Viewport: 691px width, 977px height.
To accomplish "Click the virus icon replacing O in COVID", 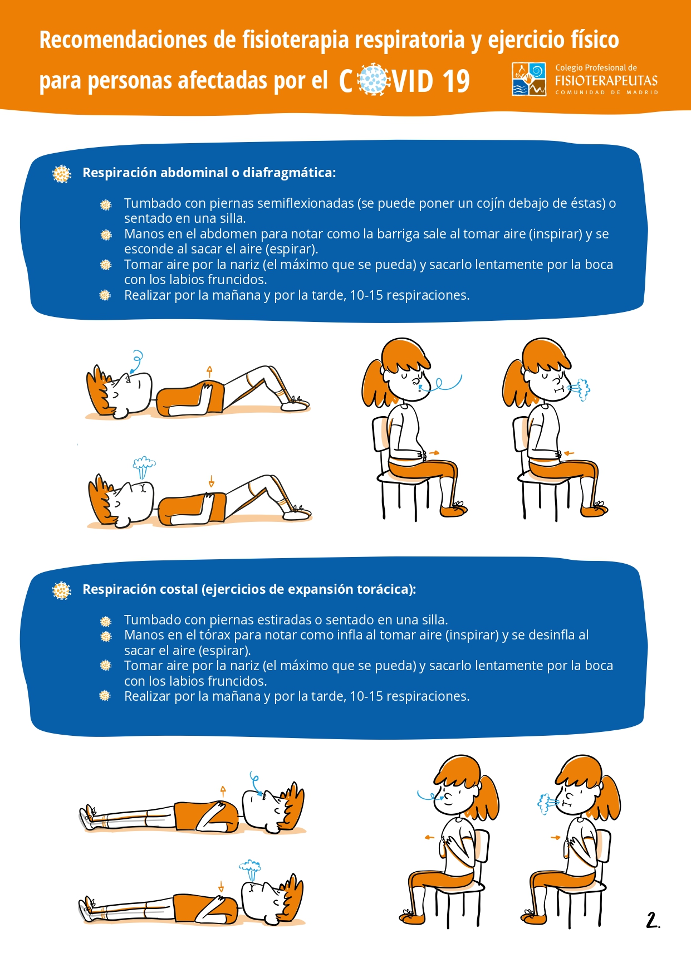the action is [x=373, y=80].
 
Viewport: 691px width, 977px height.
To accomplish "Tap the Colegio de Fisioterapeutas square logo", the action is [x=529, y=79].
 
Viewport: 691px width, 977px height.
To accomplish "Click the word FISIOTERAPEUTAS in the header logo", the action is [x=606, y=81].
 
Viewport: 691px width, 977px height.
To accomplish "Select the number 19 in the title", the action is [x=456, y=81].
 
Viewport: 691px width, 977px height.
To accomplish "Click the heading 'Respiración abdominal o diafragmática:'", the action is [x=209, y=173].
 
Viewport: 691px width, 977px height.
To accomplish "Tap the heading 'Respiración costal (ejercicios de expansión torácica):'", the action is [x=249, y=589].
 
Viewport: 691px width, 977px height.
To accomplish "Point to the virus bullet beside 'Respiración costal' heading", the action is [x=62, y=590].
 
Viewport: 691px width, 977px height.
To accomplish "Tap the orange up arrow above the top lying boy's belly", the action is [x=209, y=372].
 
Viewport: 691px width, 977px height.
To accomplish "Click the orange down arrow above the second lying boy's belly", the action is [x=211, y=481].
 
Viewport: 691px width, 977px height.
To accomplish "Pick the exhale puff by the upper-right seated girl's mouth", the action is [x=580, y=389].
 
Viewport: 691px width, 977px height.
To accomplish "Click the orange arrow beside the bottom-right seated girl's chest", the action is [x=555, y=837].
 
